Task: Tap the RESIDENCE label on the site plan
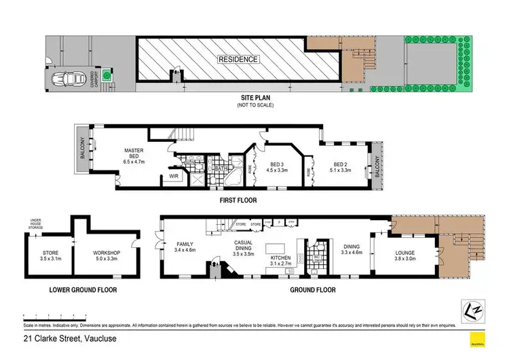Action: pos(238,59)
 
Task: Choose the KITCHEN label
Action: pos(281,259)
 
